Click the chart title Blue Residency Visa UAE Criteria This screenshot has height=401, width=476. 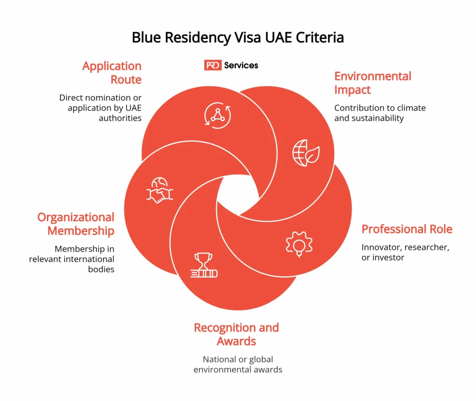point(238,37)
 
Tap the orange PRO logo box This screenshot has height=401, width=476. point(213,66)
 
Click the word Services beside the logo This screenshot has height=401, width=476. point(241,66)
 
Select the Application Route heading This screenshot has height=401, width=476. point(112,73)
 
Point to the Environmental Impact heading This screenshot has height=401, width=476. point(373,83)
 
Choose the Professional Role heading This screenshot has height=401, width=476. point(407,229)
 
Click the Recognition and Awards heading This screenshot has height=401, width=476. point(236,334)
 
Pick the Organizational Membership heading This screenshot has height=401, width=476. point(76,224)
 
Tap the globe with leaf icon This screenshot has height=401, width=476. point(305,152)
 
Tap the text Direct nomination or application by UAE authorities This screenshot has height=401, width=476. point(100,108)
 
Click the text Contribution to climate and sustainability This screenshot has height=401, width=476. point(379,113)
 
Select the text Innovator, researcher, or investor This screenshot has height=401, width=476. point(405,252)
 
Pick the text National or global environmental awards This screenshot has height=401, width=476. point(238,365)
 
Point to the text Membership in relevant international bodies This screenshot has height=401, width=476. point(72,259)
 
